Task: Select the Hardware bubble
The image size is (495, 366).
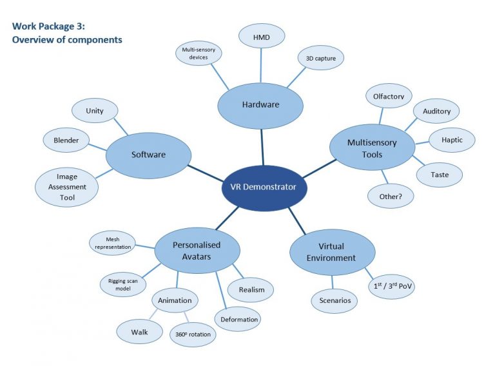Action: (260, 104)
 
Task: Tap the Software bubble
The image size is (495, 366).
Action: (148, 155)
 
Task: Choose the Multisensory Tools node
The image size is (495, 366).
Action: (372, 148)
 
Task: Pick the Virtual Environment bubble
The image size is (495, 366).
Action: (333, 252)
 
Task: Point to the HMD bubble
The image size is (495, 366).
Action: (261, 37)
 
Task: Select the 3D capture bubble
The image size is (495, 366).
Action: (320, 58)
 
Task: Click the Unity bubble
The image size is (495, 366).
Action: (94, 111)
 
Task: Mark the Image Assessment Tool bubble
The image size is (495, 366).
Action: (66, 187)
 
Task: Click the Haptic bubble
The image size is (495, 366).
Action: (451, 139)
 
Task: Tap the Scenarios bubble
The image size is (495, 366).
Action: (335, 300)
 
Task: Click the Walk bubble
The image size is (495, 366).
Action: (139, 332)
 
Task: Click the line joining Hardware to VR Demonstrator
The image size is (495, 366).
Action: (262, 146)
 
